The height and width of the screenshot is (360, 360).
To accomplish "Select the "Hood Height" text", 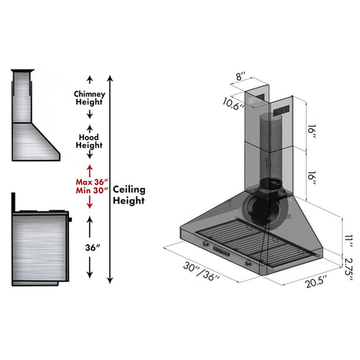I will click(x=89, y=141).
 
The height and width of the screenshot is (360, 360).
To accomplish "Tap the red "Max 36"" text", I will click(x=89, y=183).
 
